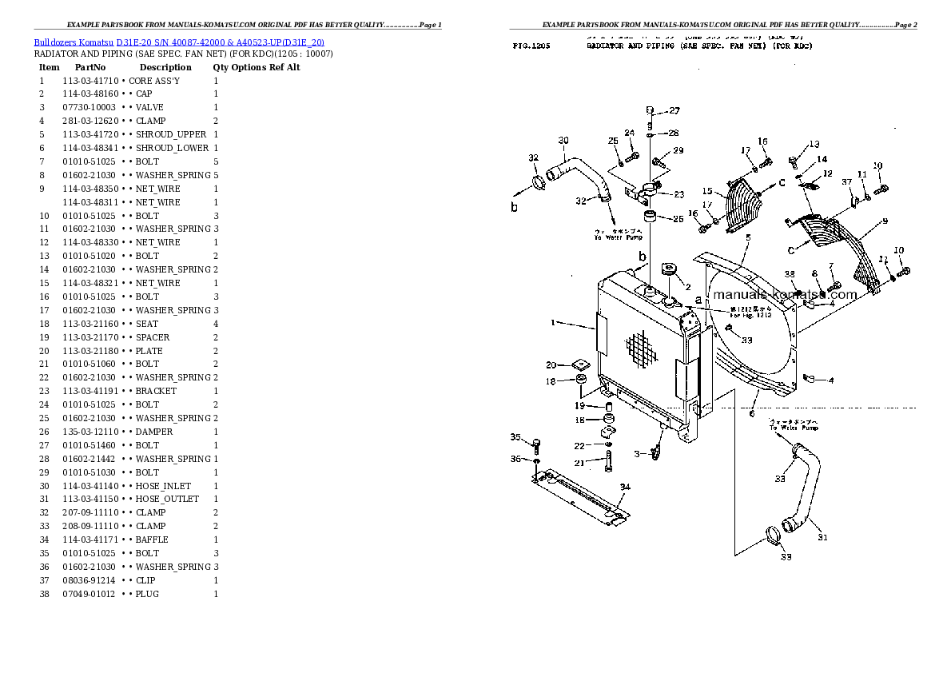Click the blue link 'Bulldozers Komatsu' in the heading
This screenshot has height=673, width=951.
click(74, 42)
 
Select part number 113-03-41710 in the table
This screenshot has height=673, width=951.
click(90, 81)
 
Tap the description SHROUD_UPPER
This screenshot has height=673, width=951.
click(171, 134)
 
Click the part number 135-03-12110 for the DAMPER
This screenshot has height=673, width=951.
click(90, 432)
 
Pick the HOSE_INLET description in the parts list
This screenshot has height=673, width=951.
click(163, 486)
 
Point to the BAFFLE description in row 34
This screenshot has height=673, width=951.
click(152, 540)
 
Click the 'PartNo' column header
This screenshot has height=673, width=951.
click(90, 67)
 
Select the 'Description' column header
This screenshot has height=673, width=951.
click(165, 67)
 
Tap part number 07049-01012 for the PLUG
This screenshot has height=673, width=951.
click(89, 594)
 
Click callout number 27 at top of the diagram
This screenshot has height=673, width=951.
click(674, 110)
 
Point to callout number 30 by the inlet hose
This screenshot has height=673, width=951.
click(563, 141)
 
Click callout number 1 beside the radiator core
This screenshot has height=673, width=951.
click(552, 322)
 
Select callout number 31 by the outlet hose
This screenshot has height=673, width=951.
click(822, 537)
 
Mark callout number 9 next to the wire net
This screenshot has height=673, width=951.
click(885, 221)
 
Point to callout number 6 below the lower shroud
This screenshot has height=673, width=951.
click(751, 412)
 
